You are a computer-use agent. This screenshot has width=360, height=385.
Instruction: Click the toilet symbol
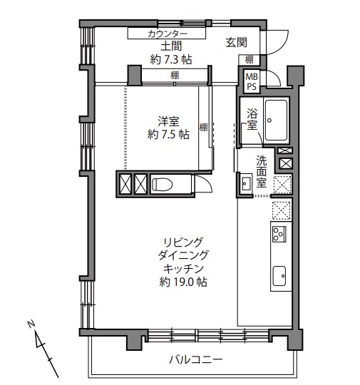coord(162,184)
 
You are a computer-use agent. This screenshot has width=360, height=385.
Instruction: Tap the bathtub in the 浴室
coord(276,120)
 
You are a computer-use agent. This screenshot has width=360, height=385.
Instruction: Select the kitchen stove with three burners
coord(279,235)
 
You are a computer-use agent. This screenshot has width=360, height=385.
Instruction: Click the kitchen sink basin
coord(279,276)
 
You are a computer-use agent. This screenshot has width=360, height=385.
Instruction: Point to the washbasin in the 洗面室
coord(246,183)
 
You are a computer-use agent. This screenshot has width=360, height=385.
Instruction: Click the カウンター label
coord(168,34)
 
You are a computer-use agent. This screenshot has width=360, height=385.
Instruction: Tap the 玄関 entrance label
coord(236,43)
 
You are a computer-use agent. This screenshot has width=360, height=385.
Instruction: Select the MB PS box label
coord(252,82)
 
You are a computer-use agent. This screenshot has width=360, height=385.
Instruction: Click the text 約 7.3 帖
coord(171,59)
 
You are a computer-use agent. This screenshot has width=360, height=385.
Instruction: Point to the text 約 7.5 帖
coord(168,134)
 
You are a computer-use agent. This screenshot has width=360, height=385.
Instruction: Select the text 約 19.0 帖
coord(183,282)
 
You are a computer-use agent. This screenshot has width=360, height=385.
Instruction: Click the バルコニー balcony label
coord(196,360)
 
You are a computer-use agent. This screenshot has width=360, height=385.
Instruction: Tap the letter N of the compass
coord(31,324)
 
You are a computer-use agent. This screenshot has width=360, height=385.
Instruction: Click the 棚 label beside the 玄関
coord(250,60)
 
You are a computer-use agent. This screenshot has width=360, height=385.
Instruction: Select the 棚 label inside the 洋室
coord(203,127)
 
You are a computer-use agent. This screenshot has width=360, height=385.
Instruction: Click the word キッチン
coord(183,269)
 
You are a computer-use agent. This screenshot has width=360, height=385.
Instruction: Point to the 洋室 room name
coord(168,121)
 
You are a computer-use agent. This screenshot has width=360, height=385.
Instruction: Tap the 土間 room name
coord(171,46)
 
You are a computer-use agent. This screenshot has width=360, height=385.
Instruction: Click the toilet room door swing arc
coord(206,183)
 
